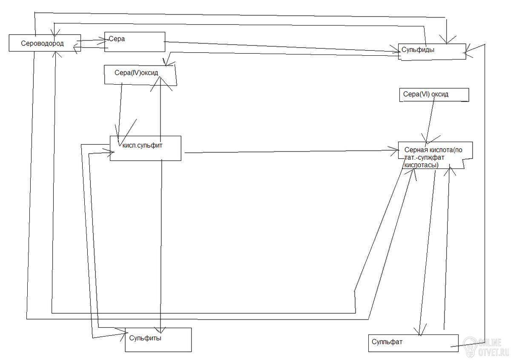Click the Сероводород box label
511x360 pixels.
42,43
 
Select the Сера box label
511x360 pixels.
117,39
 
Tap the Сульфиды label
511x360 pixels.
418,50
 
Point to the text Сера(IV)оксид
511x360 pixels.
136,73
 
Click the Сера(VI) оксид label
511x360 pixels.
426,94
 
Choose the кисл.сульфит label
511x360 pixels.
142,146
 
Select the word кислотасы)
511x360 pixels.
421,165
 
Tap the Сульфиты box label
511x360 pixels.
145,338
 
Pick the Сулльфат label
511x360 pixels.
387,342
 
